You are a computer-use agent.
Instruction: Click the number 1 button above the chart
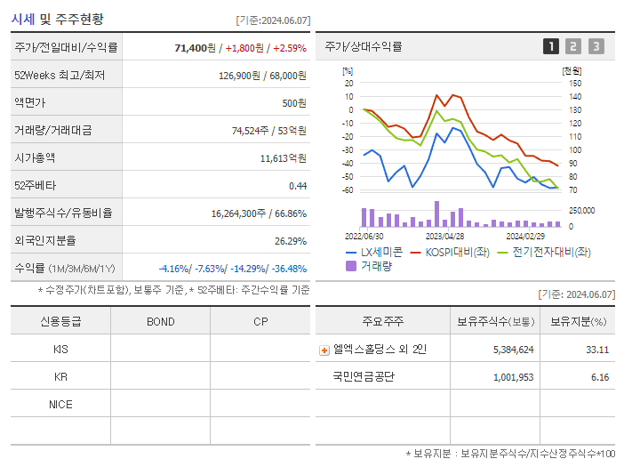point(551,47)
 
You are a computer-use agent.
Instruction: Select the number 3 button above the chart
point(596,47)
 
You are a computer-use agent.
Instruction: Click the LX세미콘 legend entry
point(373,253)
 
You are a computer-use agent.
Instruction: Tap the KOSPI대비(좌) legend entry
point(451,253)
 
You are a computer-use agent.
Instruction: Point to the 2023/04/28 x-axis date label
point(444,237)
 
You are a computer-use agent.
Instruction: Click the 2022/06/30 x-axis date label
point(364,237)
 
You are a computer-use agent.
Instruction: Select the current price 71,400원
point(196,47)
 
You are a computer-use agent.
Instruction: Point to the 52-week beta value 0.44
point(297,186)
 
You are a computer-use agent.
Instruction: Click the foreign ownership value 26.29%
point(290,241)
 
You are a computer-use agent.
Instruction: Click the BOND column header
point(160,322)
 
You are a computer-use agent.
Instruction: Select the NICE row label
point(60,405)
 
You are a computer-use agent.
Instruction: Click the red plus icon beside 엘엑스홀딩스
point(324,350)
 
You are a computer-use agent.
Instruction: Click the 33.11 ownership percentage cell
point(597,350)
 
